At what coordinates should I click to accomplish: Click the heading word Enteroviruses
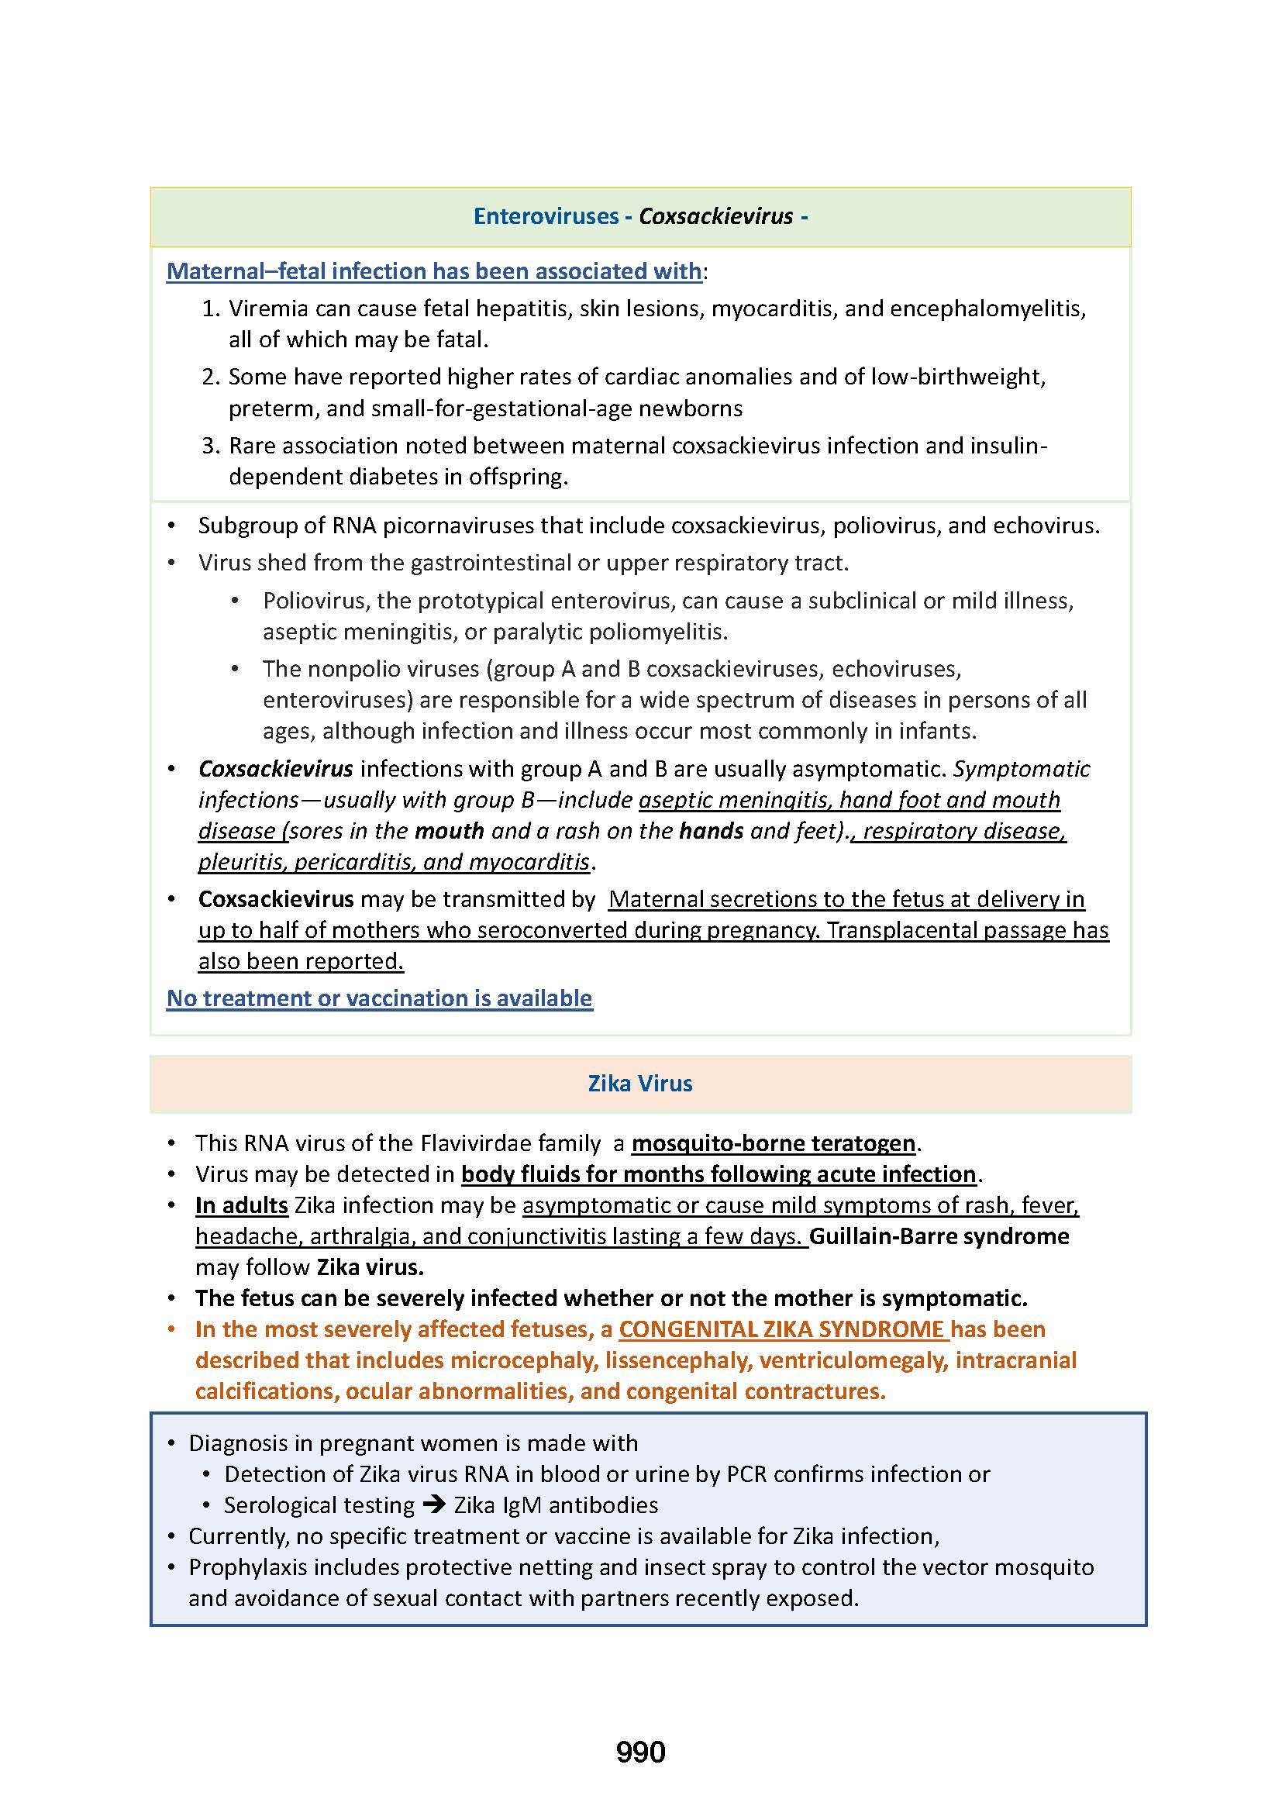click(546, 216)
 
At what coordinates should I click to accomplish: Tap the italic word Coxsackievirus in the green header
click(715, 216)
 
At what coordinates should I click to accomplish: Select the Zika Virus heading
click(640, 1083)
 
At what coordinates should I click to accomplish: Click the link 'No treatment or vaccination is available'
click(379, 998)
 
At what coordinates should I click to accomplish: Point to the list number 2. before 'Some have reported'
click(211, 377)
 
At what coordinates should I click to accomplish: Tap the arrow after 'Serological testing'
click(434, 1505)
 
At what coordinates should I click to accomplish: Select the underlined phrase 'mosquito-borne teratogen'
click(774, 1143)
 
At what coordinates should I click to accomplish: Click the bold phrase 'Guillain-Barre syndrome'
click(939, 1236)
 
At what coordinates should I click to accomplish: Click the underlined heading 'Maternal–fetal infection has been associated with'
click(434, 271)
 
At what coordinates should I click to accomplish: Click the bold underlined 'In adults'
click(242, 1205)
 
